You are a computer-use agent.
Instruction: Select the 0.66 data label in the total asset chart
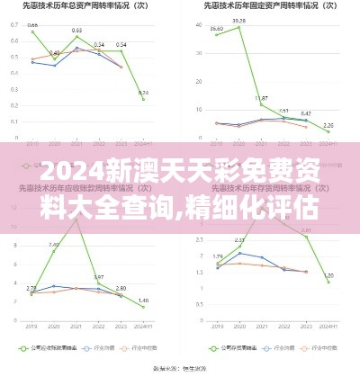click(x=32, y=25)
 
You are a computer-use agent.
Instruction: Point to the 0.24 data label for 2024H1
click(x=144, y=92)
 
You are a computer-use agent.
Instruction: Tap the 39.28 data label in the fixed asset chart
click(x=238, y=20)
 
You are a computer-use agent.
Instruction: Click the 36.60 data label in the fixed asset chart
click(x=217, y=28)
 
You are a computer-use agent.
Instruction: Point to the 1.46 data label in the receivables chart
click(x=144, y=300)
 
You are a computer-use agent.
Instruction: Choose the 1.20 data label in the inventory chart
click(x=328, y=275)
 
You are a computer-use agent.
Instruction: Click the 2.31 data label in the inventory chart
click(x=238, y=240)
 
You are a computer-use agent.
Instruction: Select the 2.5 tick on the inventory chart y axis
click(x=198, y=233)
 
